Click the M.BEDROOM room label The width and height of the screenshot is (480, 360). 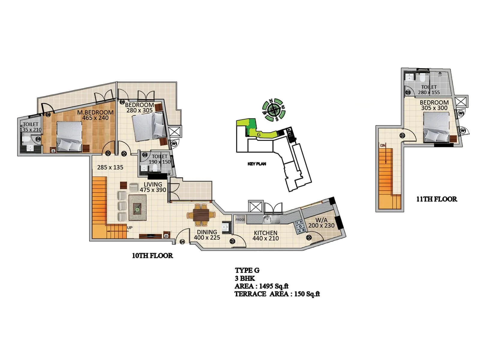tap(95, 112)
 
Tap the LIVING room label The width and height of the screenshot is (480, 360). tap(153, 184)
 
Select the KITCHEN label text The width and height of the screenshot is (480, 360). tap(265, 233)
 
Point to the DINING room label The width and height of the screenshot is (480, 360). tap(207, 232)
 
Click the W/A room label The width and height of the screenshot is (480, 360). tap(321, 220)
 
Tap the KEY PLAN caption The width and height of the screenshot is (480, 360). tap(257, 164)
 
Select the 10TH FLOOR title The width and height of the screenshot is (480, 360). tap(152, 256)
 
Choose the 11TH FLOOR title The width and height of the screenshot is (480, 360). tap(436, 199)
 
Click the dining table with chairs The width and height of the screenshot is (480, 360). tap(201, 215)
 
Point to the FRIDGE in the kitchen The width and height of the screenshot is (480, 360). tap(240, 220)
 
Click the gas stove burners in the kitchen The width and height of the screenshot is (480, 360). tap(300, 227)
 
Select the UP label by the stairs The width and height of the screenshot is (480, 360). tap(130, 228)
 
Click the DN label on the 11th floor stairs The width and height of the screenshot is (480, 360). tap(383, 145)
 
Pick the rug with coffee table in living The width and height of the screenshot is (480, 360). tap(138, 208)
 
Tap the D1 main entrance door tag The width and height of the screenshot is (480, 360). tap(182, 242)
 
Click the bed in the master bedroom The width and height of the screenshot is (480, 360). tap(70, 136)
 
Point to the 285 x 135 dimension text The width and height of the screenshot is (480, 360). tap(110, 167)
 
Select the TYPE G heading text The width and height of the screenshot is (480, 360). tap(247, 270)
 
